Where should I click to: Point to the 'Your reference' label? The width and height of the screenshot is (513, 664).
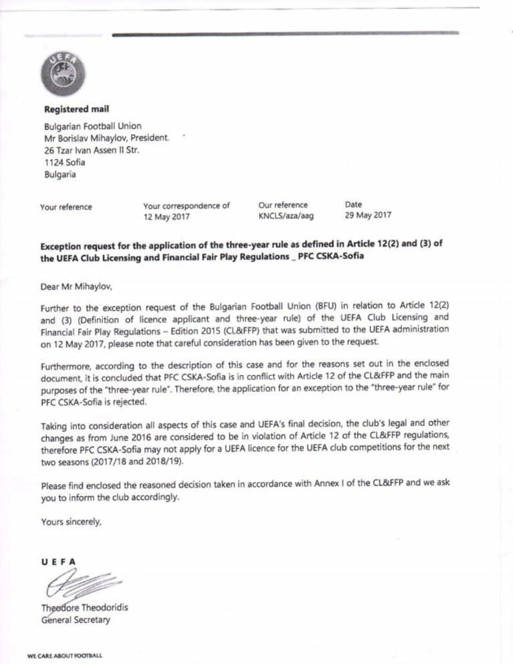(66, 207)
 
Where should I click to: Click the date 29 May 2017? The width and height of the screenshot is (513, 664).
(368, 216)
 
